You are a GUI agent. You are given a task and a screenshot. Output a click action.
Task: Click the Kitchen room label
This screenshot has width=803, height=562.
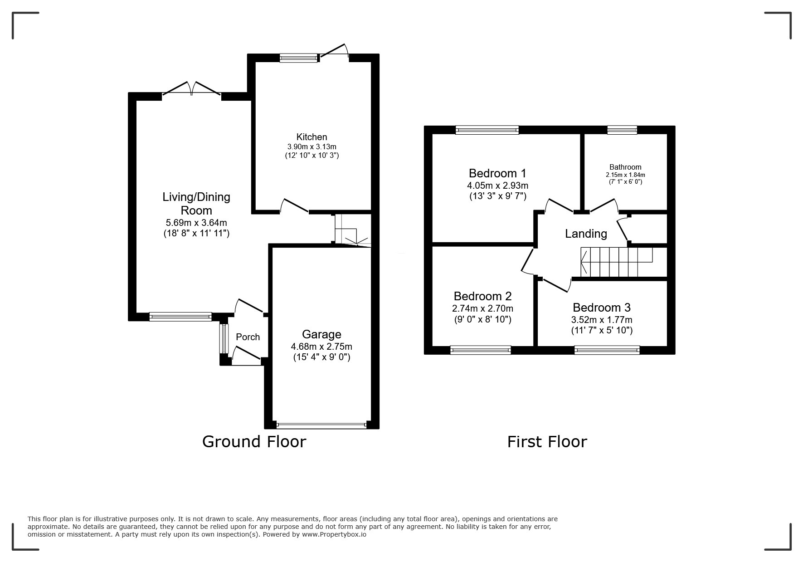point(311,137)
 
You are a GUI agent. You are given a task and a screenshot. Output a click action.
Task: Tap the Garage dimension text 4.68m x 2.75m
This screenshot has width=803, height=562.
point(321,347)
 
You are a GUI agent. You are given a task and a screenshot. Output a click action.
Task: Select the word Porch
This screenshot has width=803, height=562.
point(248,337)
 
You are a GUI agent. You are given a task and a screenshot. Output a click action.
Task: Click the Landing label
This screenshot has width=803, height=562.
point(586,234)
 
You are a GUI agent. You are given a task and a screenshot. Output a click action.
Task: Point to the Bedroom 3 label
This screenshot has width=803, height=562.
point(601,308)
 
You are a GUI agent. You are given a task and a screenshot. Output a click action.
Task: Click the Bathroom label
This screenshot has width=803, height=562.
point(625,167)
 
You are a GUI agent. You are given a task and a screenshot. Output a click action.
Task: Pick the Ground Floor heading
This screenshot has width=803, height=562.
point(254,441)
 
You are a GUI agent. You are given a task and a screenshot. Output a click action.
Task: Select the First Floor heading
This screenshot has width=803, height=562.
point(547,441)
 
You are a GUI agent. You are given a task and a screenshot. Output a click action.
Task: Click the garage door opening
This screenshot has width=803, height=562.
point(321,425)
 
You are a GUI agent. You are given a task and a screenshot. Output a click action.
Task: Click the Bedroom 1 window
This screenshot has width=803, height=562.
point(487,130)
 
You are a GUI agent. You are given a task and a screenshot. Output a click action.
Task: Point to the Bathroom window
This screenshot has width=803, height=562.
point(622,130)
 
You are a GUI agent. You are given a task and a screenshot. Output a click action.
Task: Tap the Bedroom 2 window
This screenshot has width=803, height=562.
point(481,350)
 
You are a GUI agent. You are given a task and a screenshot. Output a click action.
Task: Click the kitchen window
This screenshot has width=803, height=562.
point(299,57)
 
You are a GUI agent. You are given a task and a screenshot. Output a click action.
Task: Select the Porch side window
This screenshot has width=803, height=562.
point(223,338)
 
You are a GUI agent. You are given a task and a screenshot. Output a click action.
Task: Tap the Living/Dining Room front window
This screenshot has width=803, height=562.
point(180,317)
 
